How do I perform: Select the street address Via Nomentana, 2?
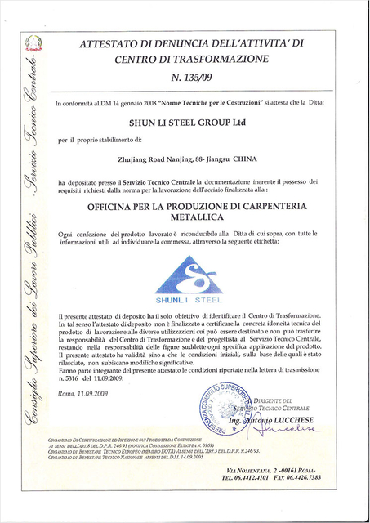click(x=289, y=494)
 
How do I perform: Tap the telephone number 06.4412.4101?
click(x=272, y=501)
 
